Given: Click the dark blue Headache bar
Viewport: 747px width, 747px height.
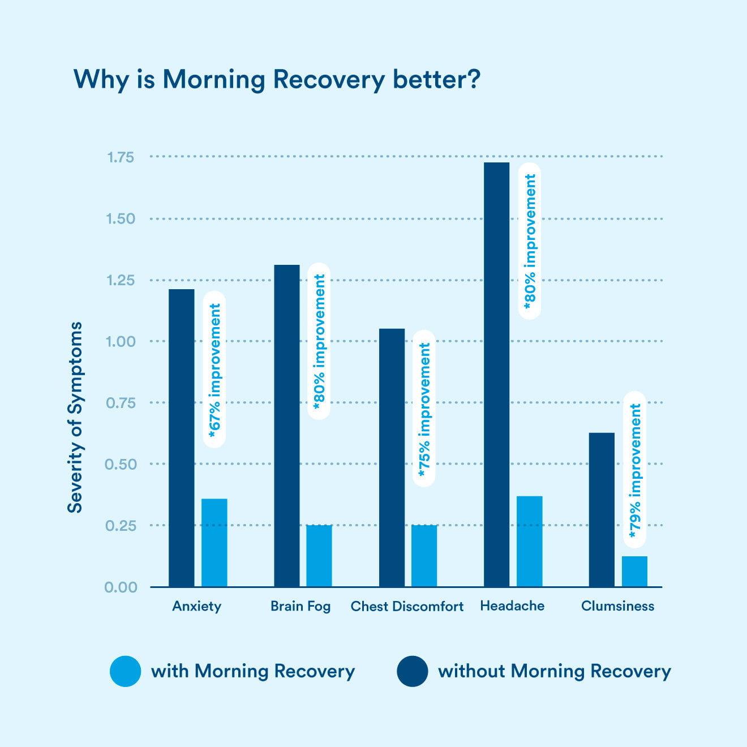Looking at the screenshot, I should point(496,373).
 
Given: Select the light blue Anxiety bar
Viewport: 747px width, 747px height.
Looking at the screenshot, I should point(214,542).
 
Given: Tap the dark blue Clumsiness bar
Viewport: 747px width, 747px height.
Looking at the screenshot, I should point(602,509).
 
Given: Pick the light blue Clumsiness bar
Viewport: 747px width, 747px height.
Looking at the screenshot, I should point(634,571).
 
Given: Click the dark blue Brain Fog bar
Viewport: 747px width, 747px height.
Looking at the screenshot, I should point(287,424).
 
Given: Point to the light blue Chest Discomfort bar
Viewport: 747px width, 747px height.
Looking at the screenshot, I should point(424,555).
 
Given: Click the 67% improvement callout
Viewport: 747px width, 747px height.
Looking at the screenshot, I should point(214,370).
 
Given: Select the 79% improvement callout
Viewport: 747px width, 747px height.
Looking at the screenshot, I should point(635,470).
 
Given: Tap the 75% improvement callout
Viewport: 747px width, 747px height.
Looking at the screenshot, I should point(424,408).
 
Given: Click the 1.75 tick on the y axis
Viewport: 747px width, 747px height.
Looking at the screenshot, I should point(121,157).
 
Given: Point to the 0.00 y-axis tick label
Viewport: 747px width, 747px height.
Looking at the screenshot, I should point(121,587).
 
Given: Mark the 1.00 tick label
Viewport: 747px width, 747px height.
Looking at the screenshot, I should point(121,341).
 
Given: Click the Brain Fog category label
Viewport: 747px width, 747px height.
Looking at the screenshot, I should point(300,606).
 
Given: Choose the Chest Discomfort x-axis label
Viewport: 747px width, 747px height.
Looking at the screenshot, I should point(407,606).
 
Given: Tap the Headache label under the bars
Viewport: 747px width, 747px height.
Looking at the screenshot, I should point(512,606).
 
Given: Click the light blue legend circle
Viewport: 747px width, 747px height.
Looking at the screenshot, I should point(125,671).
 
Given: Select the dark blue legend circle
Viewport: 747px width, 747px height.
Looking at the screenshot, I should point(413,671).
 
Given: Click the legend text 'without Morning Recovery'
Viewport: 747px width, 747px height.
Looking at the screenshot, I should point(555,671).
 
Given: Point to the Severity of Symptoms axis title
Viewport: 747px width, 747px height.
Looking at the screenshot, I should point(75,418).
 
